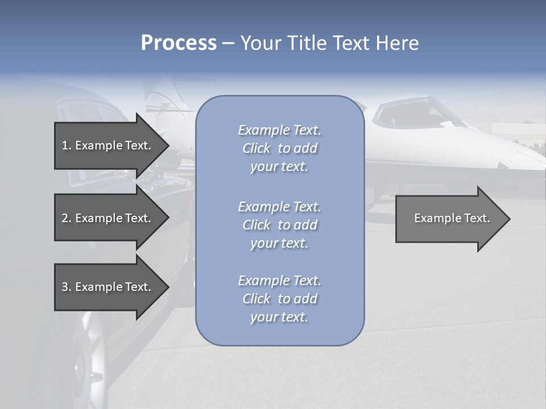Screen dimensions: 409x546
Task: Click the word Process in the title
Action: click(179, 43)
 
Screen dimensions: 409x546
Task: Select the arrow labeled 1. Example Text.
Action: click(108, 145)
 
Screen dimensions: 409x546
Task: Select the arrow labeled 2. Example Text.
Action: click(108, 218)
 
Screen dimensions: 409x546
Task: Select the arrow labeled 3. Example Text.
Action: click(108, 287)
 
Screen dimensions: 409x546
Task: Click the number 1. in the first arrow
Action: click(66, 145)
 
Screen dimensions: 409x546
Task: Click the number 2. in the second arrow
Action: click(66, 218)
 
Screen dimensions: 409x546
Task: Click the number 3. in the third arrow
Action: click(66, 287)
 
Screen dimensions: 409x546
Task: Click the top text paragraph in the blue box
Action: click(279, 148)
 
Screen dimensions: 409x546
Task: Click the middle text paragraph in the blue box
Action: click(279, 225)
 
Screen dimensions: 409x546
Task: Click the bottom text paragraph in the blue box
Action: click(279, 299)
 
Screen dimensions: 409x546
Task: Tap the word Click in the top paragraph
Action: click(257, 148)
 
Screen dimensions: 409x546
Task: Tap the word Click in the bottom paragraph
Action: click(257, 299)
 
